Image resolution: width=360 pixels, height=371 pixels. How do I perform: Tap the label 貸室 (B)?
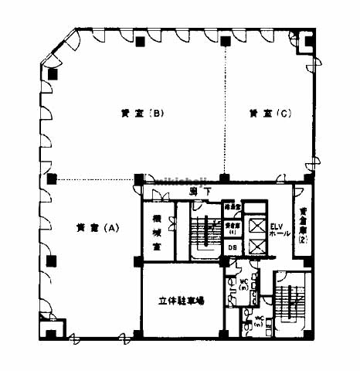tap(140, 114)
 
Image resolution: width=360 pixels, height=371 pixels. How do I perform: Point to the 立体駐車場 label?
tap(182, 301)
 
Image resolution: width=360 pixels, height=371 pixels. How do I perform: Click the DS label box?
tap(232, 247)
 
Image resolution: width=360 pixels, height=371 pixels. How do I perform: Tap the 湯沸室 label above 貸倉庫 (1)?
tap(232, 207)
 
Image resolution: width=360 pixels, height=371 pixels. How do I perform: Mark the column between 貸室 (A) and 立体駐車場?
tap(138, 260)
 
